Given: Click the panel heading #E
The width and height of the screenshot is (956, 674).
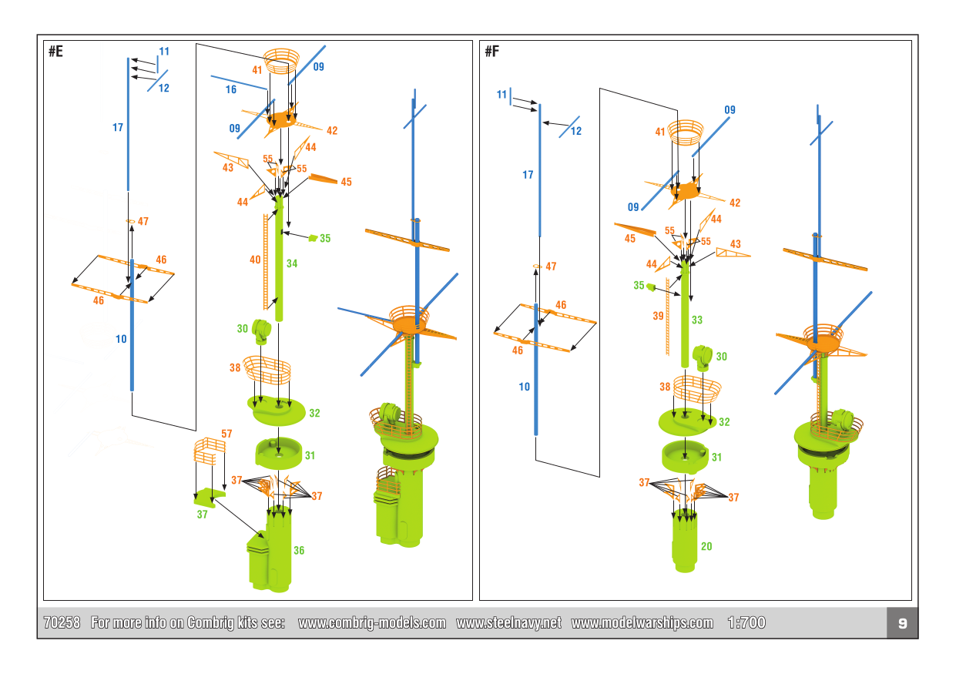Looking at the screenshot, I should pos(55,52).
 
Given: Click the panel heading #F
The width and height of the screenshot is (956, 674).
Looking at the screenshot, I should pos(492,52).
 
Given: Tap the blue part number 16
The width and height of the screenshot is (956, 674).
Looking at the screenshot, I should pos(231,90).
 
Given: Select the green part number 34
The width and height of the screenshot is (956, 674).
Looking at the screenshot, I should pos(292,263).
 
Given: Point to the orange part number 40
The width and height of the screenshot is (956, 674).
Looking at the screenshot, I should pos(255,260).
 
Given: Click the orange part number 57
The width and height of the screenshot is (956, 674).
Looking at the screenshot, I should pos(226,434).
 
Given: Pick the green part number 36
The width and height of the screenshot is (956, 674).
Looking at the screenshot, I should pos(299,551).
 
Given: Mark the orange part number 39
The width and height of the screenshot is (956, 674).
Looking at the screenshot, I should pos(658,316).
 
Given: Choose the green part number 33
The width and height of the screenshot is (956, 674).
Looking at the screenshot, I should pos(697,320).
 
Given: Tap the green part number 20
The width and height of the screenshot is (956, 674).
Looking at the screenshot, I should pos(706,546).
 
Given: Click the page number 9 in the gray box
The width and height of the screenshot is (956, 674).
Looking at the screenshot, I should pos(902,623).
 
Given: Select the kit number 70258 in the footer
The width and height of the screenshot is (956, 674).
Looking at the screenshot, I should pos(62,623).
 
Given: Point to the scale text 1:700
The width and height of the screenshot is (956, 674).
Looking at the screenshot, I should pos(746,623).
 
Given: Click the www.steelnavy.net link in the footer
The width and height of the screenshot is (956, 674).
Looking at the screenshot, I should pos(508,623).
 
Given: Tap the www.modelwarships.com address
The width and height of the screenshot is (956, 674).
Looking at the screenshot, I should pos(642,623).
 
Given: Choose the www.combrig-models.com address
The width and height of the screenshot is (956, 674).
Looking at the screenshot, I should pos(371,623).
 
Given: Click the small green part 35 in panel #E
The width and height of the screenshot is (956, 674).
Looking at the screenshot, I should pos(312,238).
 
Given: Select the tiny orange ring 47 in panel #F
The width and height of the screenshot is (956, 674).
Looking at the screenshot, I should pos(535,267).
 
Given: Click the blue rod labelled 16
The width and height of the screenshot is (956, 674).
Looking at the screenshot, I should pos(239,83).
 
